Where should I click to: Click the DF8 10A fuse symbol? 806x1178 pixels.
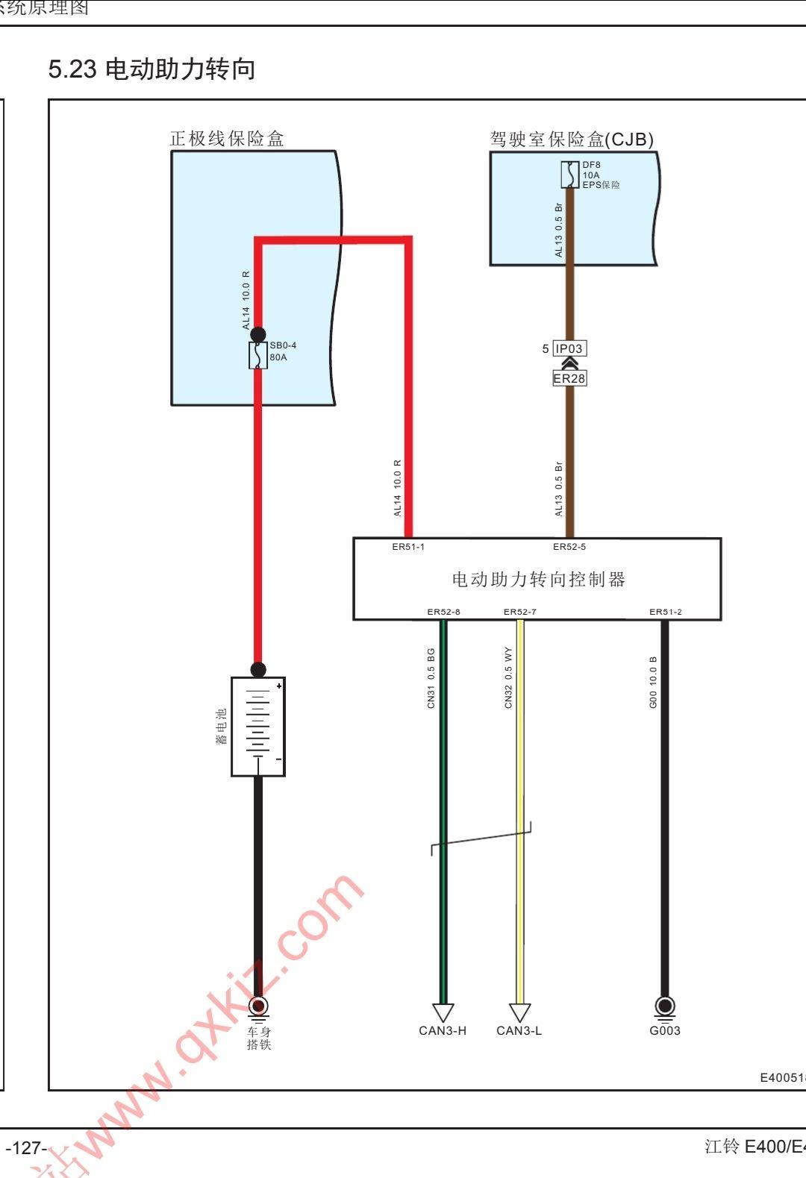[x=570, y=175]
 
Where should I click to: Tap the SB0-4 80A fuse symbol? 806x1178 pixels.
[x=258, y=355]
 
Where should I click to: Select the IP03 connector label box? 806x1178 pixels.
[x=569, y=348]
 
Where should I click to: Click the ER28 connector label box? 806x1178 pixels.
[x=569, y=378]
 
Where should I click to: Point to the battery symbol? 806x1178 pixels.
[x=258, y=727]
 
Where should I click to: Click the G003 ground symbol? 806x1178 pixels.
[x=664, y=1006]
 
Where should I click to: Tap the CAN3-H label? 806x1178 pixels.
[x=443, y=1031]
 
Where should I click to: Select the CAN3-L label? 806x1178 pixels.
[x=519, y=1031]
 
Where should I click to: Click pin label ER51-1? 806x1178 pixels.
[x=408, y=547]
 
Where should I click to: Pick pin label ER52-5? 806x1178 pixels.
[x=569, y=547]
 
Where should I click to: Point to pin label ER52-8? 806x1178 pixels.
[x=443, y=612]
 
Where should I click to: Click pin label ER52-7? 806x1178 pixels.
[x=519, y=612]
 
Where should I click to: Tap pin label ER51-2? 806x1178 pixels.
[x=665, y=612]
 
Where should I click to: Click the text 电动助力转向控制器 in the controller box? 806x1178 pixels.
[x=538, y=580]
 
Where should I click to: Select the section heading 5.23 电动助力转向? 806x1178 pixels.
[x=151, y=69]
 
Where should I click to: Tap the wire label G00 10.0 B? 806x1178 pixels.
[x=654, y=682]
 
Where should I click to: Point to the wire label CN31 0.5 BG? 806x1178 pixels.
[x=431, y=677]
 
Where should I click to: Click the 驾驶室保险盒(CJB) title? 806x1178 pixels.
[x=572, y=140]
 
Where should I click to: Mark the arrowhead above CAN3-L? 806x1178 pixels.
[x=519, y=1012]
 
